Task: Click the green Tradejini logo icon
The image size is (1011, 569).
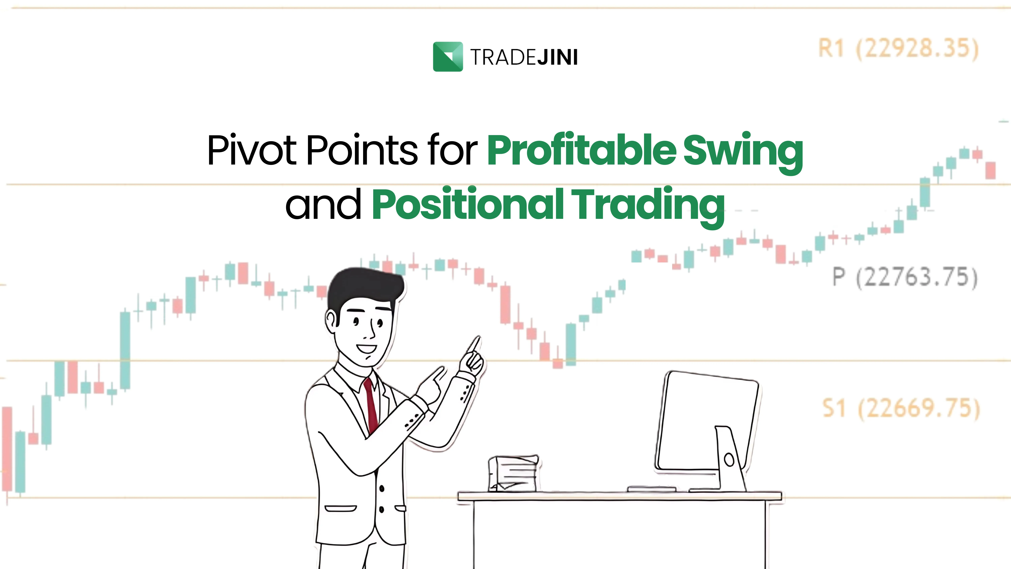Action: pos(448,56)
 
